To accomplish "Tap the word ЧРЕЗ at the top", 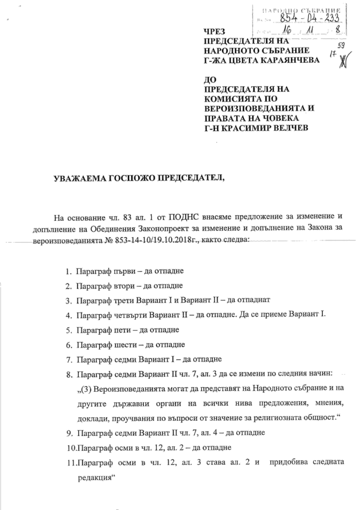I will point(213,31).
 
